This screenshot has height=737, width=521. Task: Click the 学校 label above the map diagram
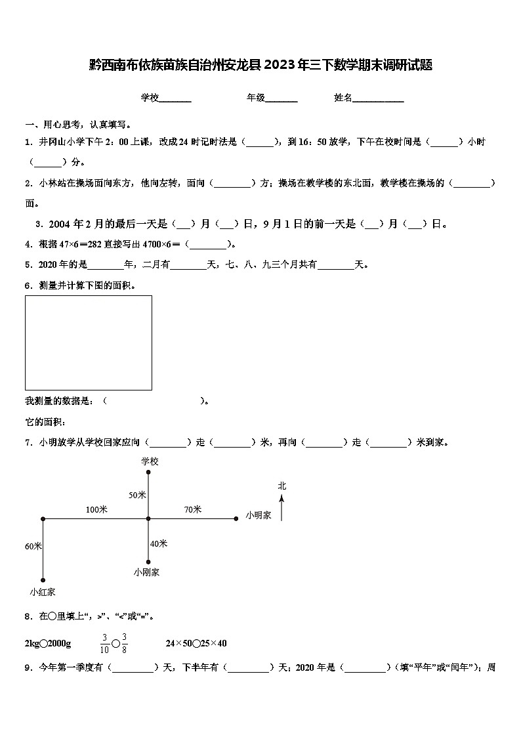tap(150, 461)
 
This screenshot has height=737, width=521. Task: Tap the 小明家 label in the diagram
tap(259, 516)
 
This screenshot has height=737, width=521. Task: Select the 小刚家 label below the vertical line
tap(146, 572)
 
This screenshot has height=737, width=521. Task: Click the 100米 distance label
tap(96, 509)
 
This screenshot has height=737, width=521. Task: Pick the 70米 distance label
tap(193, 509)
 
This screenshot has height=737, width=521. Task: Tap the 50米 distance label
tap(137, 495)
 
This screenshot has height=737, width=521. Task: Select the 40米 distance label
tap(159, 543)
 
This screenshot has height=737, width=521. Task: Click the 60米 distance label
tap(33, 546)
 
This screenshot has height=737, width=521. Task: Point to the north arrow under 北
tap(281, 508)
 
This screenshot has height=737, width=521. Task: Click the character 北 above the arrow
tap(281, 486)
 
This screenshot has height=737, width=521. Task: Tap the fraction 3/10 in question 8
tap(104, 643)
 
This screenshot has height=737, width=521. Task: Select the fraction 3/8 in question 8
tap(124, 643)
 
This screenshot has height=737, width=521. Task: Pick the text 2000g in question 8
tap(59, 643)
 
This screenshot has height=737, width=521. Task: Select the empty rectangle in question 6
tap(89, 343)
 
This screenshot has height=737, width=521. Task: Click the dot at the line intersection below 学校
tap(149, 518)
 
